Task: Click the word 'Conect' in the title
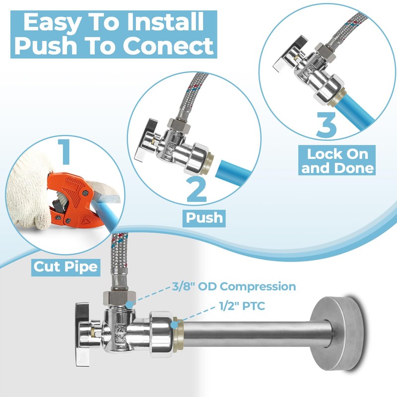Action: click(x=168, y=46)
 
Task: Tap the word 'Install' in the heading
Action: click(x=165, y=22)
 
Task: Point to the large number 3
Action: click(x=327, y=125)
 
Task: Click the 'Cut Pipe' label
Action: click(x=66, y=267)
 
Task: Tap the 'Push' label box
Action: click(x=204, y=218)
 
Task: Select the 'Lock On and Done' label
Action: click(x=337, y=160)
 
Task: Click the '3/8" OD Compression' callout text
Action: click(x=234, y=286)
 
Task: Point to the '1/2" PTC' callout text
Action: click(x=242, y=306)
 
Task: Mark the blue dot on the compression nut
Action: click(x=130, y=304)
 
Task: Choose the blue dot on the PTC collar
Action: click(x=174, y=325)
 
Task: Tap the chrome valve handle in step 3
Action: click(x=290, y=54)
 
